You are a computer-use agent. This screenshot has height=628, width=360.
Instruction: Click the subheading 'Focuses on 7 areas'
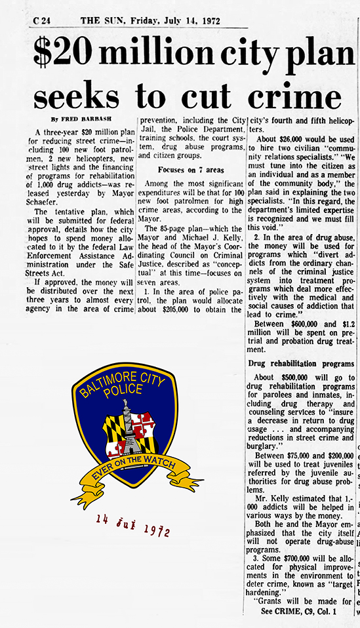click(190, 170)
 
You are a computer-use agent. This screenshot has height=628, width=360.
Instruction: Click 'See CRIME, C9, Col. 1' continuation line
click(298, 611)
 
